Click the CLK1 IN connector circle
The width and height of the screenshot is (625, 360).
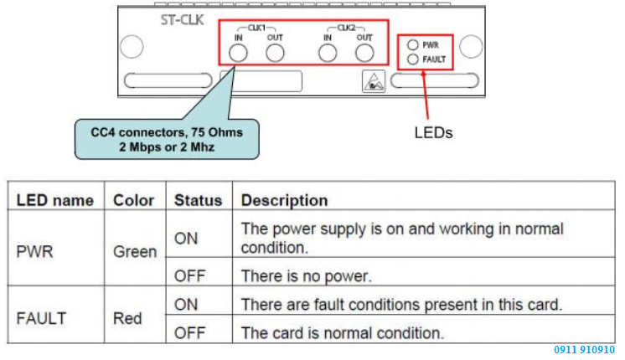click(x=238, y=54)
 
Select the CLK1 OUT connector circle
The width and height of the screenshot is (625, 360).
click(x=275, y=54)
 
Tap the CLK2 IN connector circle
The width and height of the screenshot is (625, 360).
click(x=328, y=54)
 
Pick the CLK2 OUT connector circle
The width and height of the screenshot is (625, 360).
click(x=364, y=54)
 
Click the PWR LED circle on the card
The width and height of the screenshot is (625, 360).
click(x=412, y=45)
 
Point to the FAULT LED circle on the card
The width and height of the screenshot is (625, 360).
click(x=412, y=59)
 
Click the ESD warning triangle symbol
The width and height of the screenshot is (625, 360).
click(x=372, y=82)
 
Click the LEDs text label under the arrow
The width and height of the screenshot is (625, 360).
click(x=434, y=132)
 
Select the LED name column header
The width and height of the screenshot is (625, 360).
click(x=55, y=201)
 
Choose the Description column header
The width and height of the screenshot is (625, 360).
click(x=285, y=201)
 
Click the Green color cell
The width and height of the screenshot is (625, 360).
click(x=134, y=250)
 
